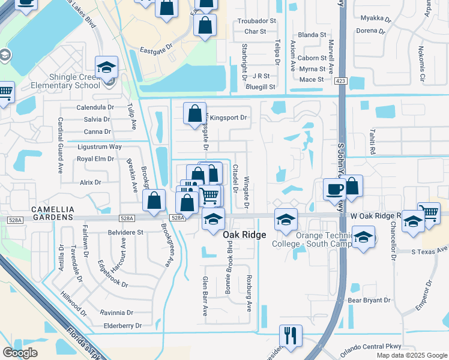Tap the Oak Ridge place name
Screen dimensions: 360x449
(244, 235)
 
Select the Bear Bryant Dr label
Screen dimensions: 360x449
(369, 299)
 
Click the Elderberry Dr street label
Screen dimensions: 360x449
(122, 326)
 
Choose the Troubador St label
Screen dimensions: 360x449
(256, 20)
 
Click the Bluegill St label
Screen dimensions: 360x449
(260, 86)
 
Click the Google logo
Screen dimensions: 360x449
(20, 352)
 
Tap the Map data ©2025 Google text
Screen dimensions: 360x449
(411, 355)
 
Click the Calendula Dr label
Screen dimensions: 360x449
(95, 107)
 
